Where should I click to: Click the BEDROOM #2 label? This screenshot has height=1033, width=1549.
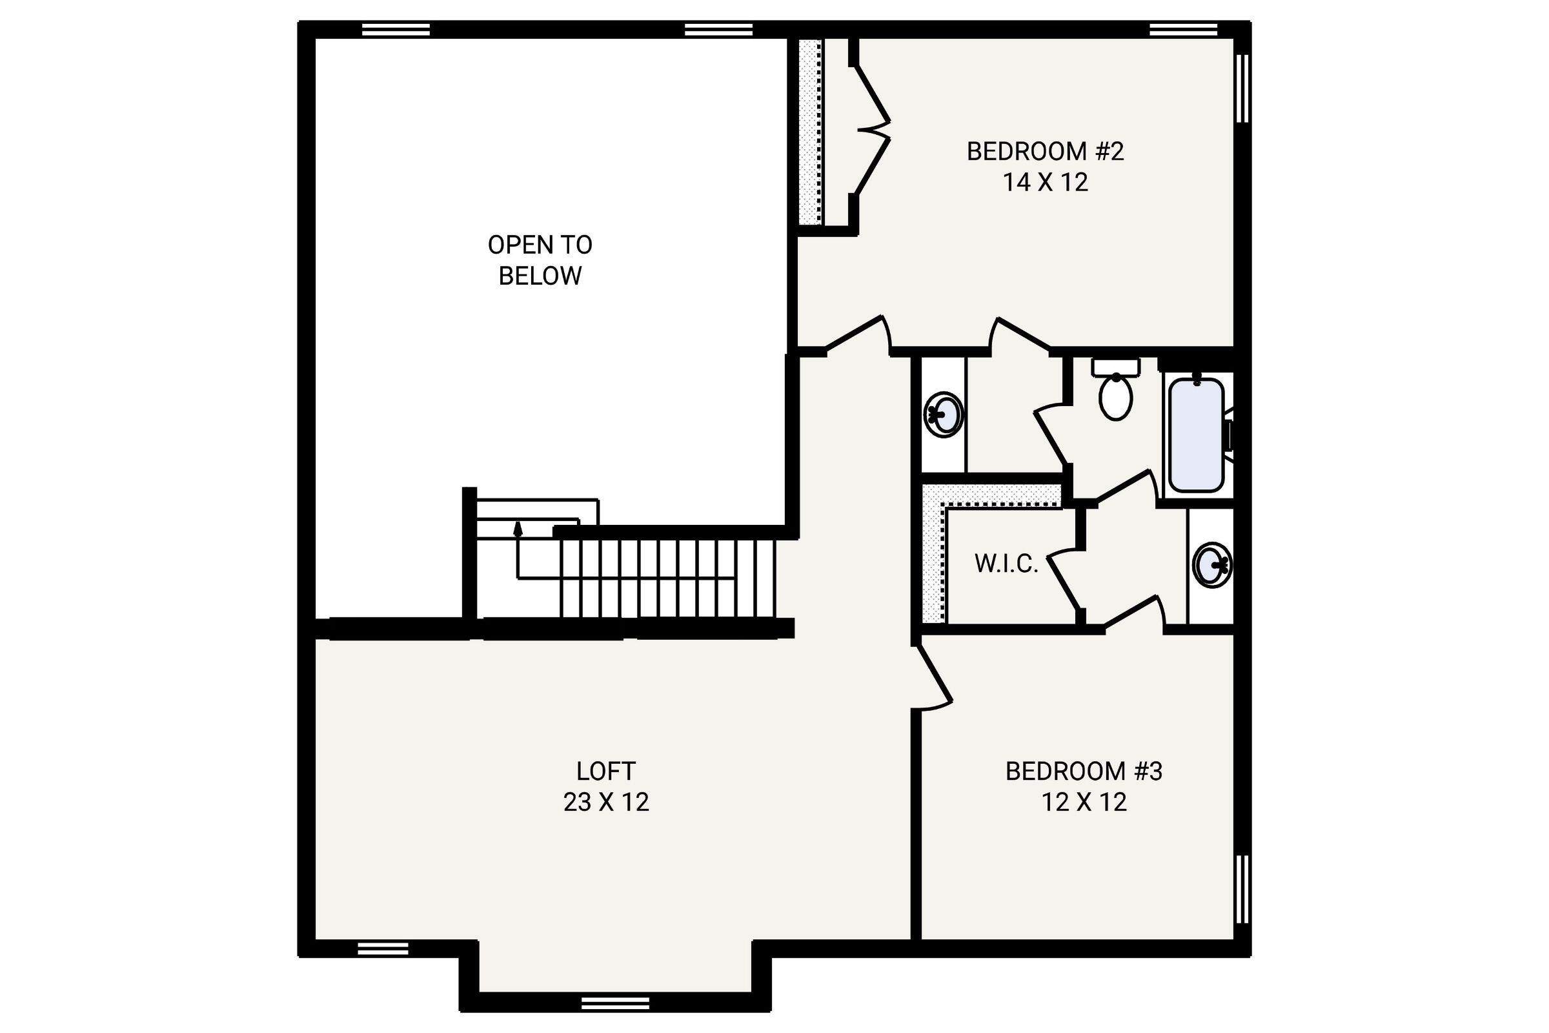click(x=1045, y=152)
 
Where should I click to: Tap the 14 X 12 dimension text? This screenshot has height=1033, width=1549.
click(x=1045, y=183)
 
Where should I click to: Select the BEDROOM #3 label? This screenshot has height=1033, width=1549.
click(x=1084, y=772)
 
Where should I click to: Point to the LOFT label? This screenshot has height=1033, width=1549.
click(x=606, y=771)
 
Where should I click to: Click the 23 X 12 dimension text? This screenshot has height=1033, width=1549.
click(x=606, y=802)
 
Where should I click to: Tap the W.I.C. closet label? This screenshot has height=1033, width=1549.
click(x=1006, y=564)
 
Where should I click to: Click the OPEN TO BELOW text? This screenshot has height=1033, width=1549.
click(x=540, y=260)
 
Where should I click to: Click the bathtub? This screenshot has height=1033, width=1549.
click(x=1197, y=435)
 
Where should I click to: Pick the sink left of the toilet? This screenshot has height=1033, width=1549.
click(x=944, y=414)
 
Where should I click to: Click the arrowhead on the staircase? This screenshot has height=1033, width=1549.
click(x=518, y=527)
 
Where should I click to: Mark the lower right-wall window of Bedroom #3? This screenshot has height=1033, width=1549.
click(x=1242, y=890)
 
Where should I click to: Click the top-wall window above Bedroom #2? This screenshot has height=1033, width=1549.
click(x=1183, y=30)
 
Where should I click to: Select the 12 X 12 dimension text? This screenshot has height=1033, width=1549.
click(x=1084, y=803)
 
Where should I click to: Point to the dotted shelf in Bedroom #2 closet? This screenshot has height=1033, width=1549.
click(x=811, y=132)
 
